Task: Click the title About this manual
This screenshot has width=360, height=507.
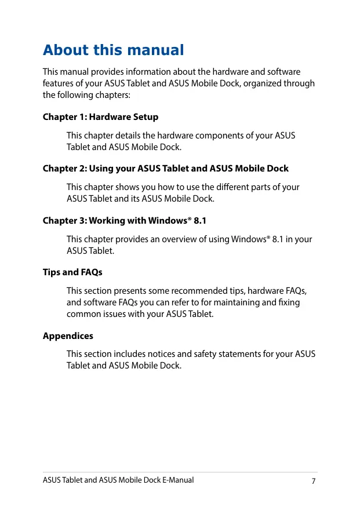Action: [114, 50]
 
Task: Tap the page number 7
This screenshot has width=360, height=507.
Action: [313, 481]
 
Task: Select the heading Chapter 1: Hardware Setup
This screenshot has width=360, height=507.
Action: [100, 117]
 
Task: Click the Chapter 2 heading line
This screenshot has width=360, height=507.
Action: [166, 169]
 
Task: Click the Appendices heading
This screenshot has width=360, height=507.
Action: [68, 336]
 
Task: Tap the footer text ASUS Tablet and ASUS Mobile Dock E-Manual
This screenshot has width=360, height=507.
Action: [118, 480]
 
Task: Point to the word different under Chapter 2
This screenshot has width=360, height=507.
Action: [216, 187]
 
